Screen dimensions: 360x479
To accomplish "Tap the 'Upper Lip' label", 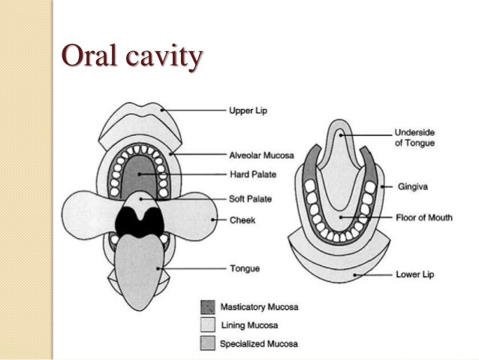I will click(x=249, y=111).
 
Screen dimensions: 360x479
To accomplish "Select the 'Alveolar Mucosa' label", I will click(x=261, y=156).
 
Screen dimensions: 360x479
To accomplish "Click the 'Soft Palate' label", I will click(x=250, y=199).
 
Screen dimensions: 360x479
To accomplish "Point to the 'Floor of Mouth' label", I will click(x=423, y=218).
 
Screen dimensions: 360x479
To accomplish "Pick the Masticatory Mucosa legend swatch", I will click(x=207, y=307).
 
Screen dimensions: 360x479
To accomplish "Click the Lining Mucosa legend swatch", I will click(x=207, y=325).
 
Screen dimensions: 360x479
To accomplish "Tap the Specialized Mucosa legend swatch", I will click(x=207, y=343).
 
